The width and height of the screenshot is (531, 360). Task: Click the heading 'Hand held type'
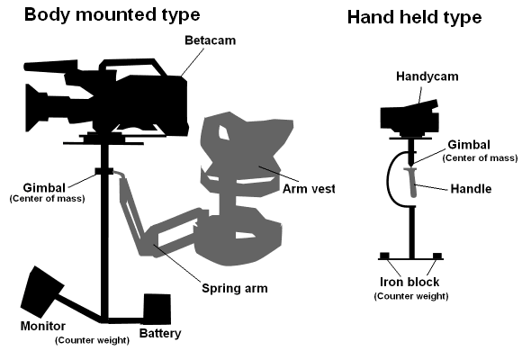(x=414, y=17)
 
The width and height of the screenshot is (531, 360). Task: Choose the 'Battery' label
(x=161, y=334)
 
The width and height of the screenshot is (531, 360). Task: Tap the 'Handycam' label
(x=427, y=76)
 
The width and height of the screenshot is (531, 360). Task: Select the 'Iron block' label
(x=410, y=281)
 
